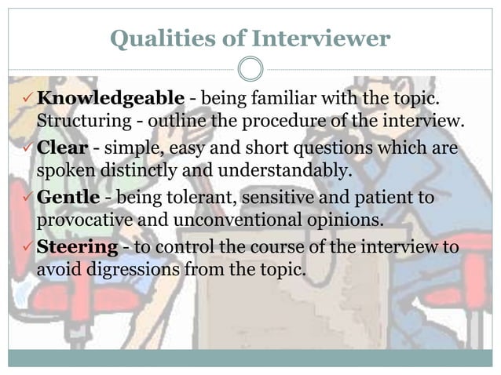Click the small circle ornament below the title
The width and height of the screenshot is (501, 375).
pos(250,69)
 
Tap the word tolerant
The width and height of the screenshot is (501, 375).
pos(184,197)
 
